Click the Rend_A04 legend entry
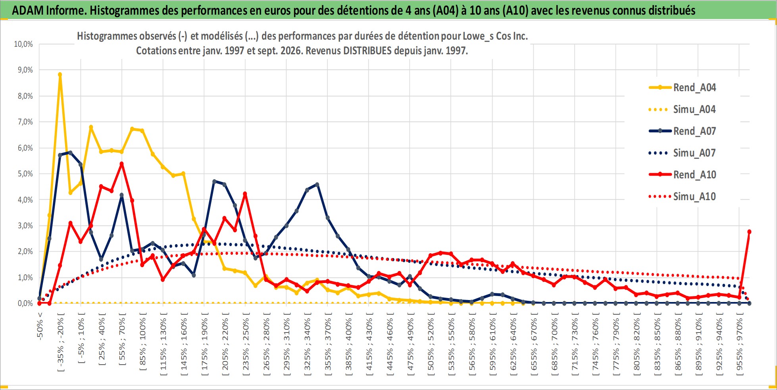(682, 87)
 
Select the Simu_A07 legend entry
(682, 153)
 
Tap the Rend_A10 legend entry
(682, 174)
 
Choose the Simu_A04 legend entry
(682, 109)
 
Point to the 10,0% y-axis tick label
(23, 44)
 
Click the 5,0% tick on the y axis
(25, 174)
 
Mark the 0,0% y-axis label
(25, 303)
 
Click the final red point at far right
(749, 231)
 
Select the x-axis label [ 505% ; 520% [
(431, 341)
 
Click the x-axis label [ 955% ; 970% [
(740, 341)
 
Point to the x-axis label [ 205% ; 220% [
(225, 341)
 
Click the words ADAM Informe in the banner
(49, 10)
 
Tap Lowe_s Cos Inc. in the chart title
(495, 36)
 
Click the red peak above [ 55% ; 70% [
(122, 164)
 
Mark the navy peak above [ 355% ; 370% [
(317, 184)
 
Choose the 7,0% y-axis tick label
(25, 122)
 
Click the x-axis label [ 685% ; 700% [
(555, 341)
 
